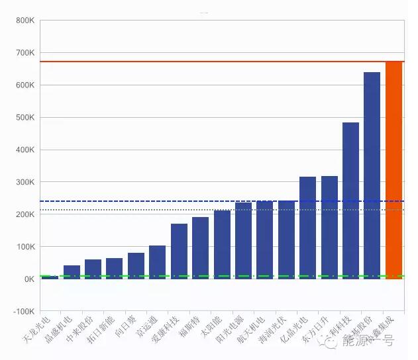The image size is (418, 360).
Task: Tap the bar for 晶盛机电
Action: pos(72,272)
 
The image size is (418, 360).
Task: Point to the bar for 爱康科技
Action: pos(179,251)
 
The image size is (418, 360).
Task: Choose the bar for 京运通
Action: pos(157,262)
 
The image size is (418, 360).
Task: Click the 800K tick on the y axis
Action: pos(25,21)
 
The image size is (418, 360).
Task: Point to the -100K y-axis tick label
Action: pos(23,311)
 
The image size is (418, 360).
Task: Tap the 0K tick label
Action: pos(28,279)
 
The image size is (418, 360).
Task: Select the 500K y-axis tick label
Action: pos(25,118)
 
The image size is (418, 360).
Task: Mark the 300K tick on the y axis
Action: pos(25,182)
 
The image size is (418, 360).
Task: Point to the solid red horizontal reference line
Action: pos(199,62)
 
